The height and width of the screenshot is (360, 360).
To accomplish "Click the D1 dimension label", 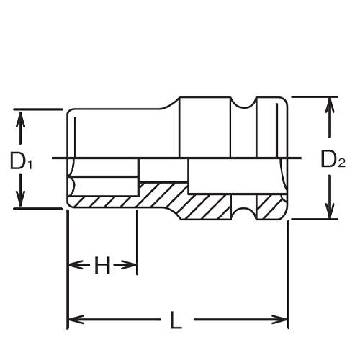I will (22, 161).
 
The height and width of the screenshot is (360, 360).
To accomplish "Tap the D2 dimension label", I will (332, 160).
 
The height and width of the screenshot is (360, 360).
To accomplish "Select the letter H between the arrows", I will (102, 266).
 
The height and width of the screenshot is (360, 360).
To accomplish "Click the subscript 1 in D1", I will (30, 165).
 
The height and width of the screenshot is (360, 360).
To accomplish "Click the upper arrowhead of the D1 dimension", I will (21, 116).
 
